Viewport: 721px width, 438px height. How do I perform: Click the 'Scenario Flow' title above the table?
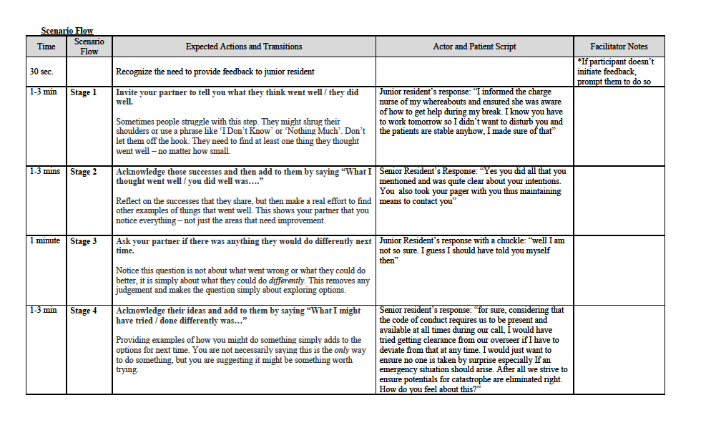point(67,31)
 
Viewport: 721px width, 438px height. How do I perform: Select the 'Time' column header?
point(46,47)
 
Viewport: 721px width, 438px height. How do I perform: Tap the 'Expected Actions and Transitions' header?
point(244,47)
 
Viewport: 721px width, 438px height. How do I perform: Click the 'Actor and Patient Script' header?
point(474,47)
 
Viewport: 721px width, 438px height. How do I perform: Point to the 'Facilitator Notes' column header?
point(619,47)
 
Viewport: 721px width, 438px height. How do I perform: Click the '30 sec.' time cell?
point(41,72)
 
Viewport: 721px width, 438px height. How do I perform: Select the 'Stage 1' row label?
point(83,92)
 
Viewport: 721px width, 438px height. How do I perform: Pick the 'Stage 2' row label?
point(83,172)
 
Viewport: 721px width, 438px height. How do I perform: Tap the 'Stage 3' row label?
point(83,241)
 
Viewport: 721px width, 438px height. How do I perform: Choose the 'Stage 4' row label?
point(83,311)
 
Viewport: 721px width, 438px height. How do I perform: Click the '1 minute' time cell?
point(45,240)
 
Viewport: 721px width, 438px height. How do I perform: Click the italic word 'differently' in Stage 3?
point(286,281)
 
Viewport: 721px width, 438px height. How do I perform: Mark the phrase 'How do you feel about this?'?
point(430,389)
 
